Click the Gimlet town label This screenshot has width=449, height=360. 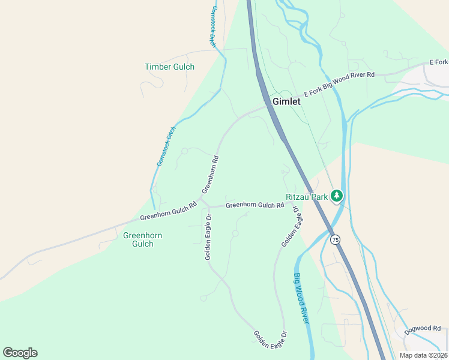(286, 101)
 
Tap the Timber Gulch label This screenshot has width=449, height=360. (169, 67)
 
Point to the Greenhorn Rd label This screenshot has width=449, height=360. (209, 175)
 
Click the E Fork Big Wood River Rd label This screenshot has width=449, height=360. (339, 84)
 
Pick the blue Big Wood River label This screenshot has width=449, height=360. (301, 298)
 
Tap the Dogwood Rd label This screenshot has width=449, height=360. (422, 328)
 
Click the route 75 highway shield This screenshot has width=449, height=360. (335, 239)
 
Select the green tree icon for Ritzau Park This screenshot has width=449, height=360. (337, 196)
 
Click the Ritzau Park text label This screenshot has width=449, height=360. (306, 196)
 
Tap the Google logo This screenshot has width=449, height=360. (20, 353)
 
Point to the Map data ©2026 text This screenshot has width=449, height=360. (423, 355)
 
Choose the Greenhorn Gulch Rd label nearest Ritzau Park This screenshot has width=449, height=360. (255, 205)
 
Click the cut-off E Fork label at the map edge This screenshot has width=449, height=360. (438, 62)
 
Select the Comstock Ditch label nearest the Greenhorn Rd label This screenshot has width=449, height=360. (166, 146)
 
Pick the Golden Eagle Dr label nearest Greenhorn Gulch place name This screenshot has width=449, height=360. (207, 237)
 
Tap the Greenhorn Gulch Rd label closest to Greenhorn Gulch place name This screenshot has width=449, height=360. (168, 211)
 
